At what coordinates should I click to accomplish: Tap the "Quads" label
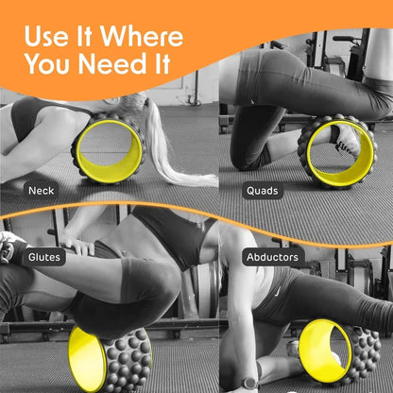pos(262,191)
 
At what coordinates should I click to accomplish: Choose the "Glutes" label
pos(44,255)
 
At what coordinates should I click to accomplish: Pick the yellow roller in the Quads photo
pos(335,151)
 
